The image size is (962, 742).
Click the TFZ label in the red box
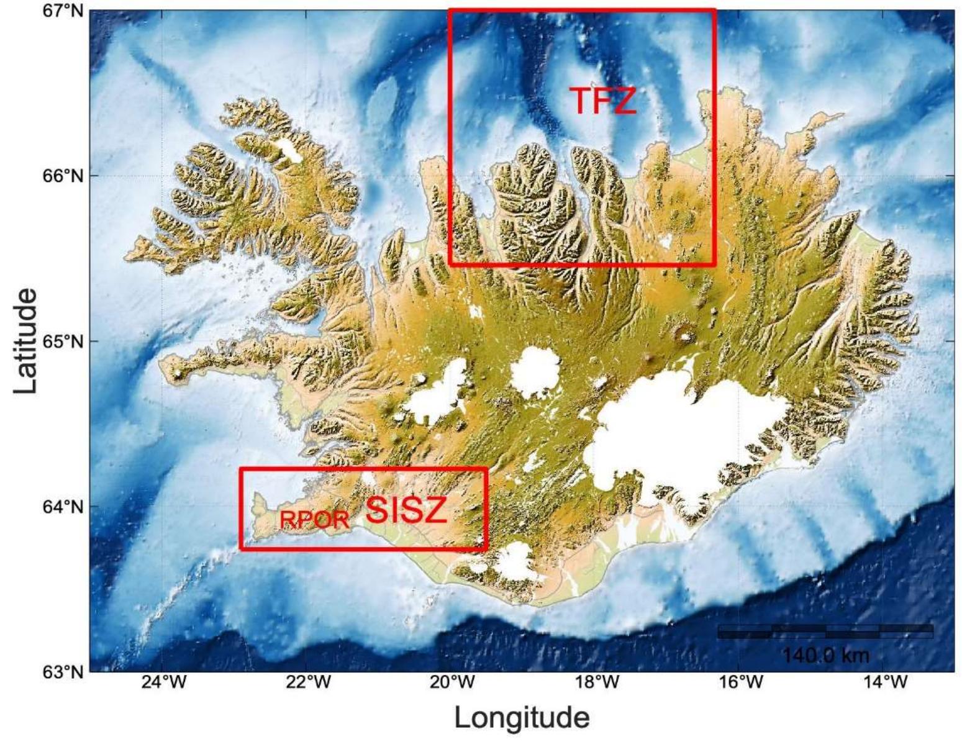point(602,101)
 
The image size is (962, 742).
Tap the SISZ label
point(406,510)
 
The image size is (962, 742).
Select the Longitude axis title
point(522,718)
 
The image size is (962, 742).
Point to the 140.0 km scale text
point(825,655)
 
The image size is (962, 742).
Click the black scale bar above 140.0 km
point(825,631)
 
